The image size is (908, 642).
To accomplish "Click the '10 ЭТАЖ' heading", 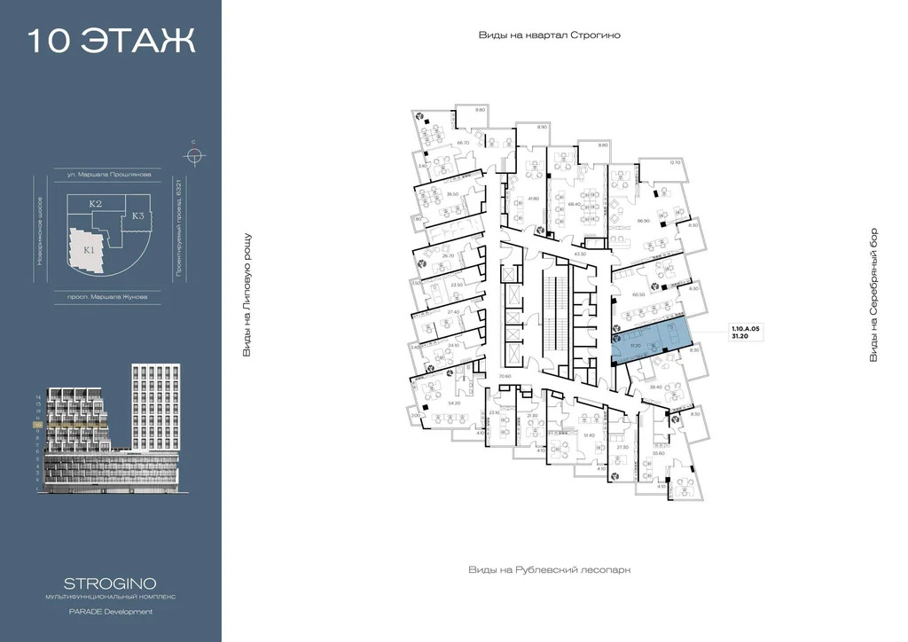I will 112,42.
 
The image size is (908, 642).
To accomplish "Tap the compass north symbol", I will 194,155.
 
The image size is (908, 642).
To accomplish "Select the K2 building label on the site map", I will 95,205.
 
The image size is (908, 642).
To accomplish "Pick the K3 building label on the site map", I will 137,215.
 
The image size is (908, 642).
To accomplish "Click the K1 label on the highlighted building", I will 89,250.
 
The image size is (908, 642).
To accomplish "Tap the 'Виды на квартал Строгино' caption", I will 549,35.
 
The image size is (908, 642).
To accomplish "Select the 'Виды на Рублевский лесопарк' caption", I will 549,570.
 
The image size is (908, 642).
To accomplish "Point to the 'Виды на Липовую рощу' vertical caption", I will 247,295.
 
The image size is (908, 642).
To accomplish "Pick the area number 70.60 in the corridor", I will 505,377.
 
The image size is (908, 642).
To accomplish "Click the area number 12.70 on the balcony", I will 675,162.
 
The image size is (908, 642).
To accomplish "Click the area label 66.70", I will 462,143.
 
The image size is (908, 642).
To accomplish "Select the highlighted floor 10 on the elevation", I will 39,425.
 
